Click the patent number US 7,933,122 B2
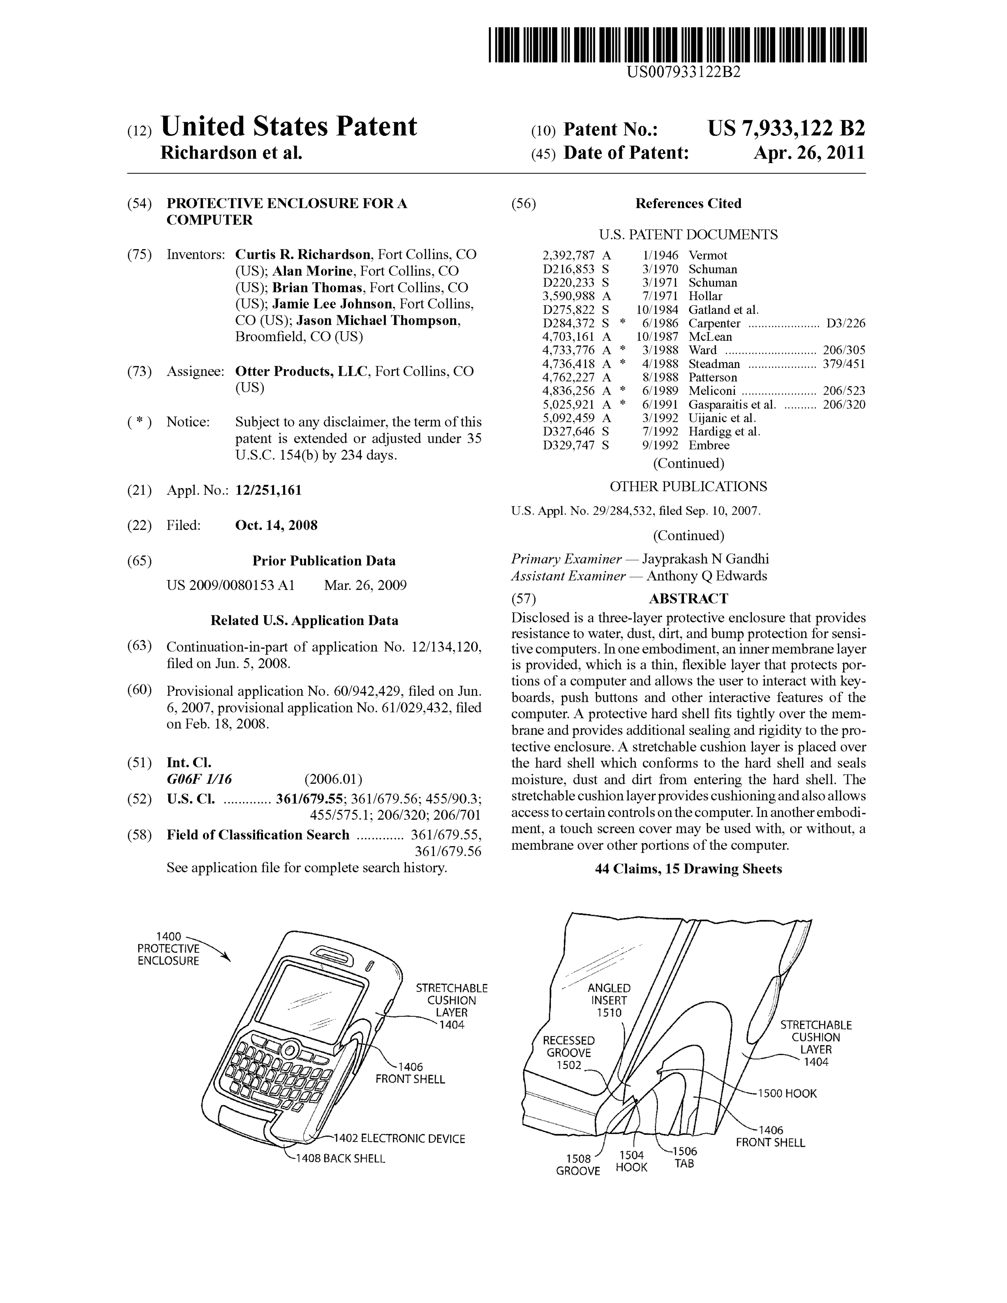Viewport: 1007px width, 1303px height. [x=786, y=129]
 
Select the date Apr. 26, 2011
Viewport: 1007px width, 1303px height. [x=809, y=153]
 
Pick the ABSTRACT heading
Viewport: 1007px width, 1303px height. [x=689, y=598]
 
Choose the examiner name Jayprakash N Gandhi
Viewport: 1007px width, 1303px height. [x=705, y=559]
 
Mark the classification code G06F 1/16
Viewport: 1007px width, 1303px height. [x=199, y=779]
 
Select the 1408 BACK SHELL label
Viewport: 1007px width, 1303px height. [x=340, y=1159]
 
